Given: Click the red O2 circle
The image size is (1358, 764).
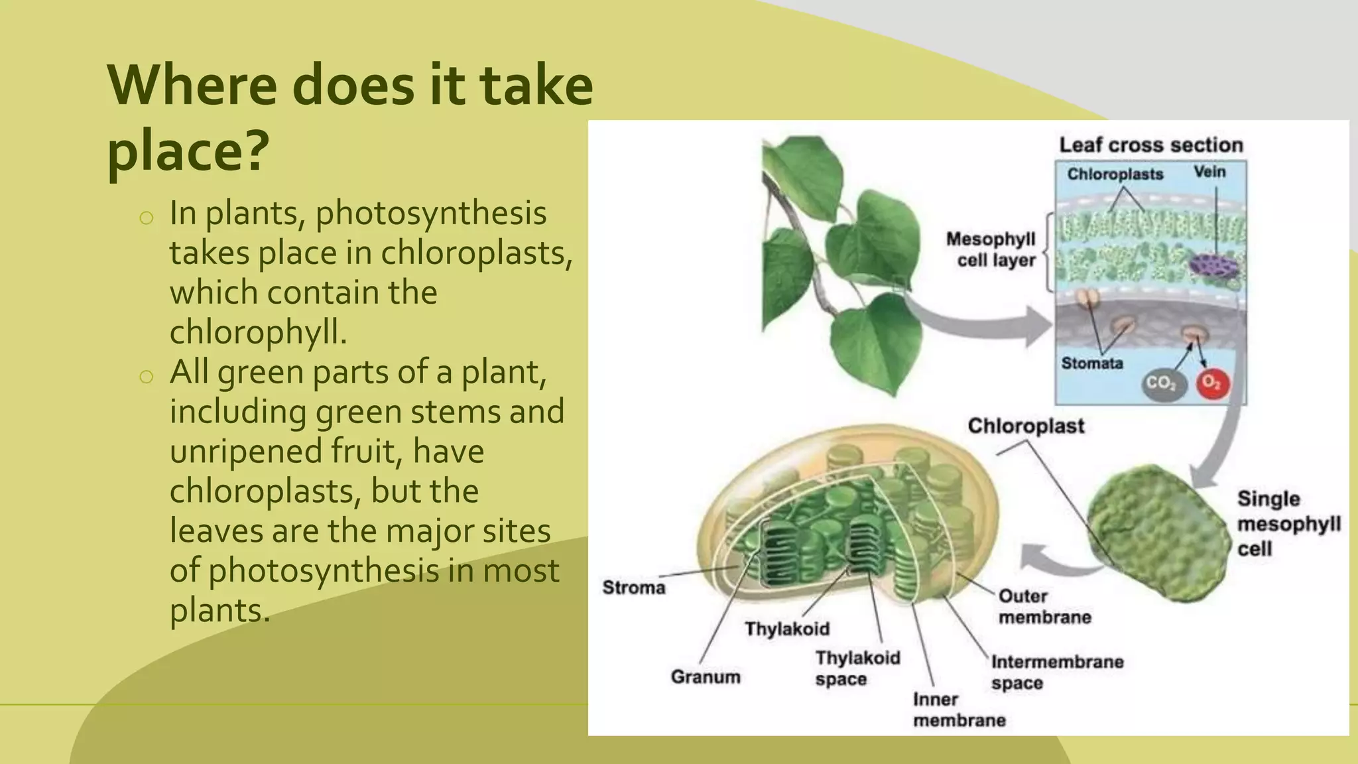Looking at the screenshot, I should point(1212,383).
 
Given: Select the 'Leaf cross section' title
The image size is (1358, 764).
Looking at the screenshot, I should point(1150,145).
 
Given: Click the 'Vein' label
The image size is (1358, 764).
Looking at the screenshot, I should point(1209,172).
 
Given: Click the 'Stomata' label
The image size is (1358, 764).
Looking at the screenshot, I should point(1092,363).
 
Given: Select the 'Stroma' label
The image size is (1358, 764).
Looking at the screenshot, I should point(633,588).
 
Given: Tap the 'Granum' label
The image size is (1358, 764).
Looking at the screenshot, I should point(706,677).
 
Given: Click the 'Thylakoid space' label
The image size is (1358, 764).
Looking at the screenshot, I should point(857,668).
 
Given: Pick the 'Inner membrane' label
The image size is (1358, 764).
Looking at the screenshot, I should point(958,710).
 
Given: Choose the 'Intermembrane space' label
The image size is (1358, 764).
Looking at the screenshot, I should point(1056,672).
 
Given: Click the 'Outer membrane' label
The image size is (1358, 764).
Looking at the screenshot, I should point(1044,606).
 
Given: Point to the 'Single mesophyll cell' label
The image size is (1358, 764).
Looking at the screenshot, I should point(1288,524).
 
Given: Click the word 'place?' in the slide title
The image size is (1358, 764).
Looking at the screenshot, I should point(188,150).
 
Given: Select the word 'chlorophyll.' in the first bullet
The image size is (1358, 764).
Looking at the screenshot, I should point(259,332).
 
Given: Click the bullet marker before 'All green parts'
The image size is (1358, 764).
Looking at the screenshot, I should point(147,377).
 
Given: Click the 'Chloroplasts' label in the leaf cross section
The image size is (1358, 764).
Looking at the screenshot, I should point(1115,174).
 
